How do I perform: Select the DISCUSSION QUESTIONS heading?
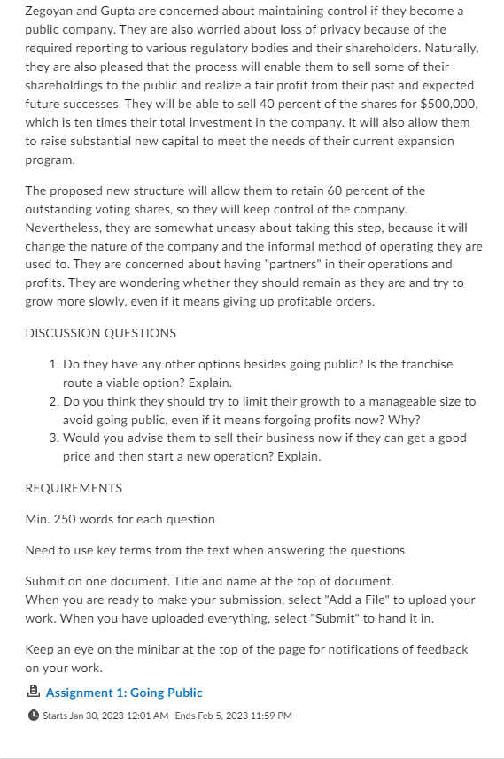[100, 333]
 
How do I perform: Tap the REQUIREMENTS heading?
[74, 488]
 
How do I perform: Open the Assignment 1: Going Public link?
[124, 693]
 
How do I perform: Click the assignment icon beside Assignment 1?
[34, 693]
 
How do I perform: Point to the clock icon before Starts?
[34, 716]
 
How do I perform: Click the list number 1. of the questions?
[55, 364]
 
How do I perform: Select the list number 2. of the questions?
[55, 401]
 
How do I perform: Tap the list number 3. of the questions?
[55, 438]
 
